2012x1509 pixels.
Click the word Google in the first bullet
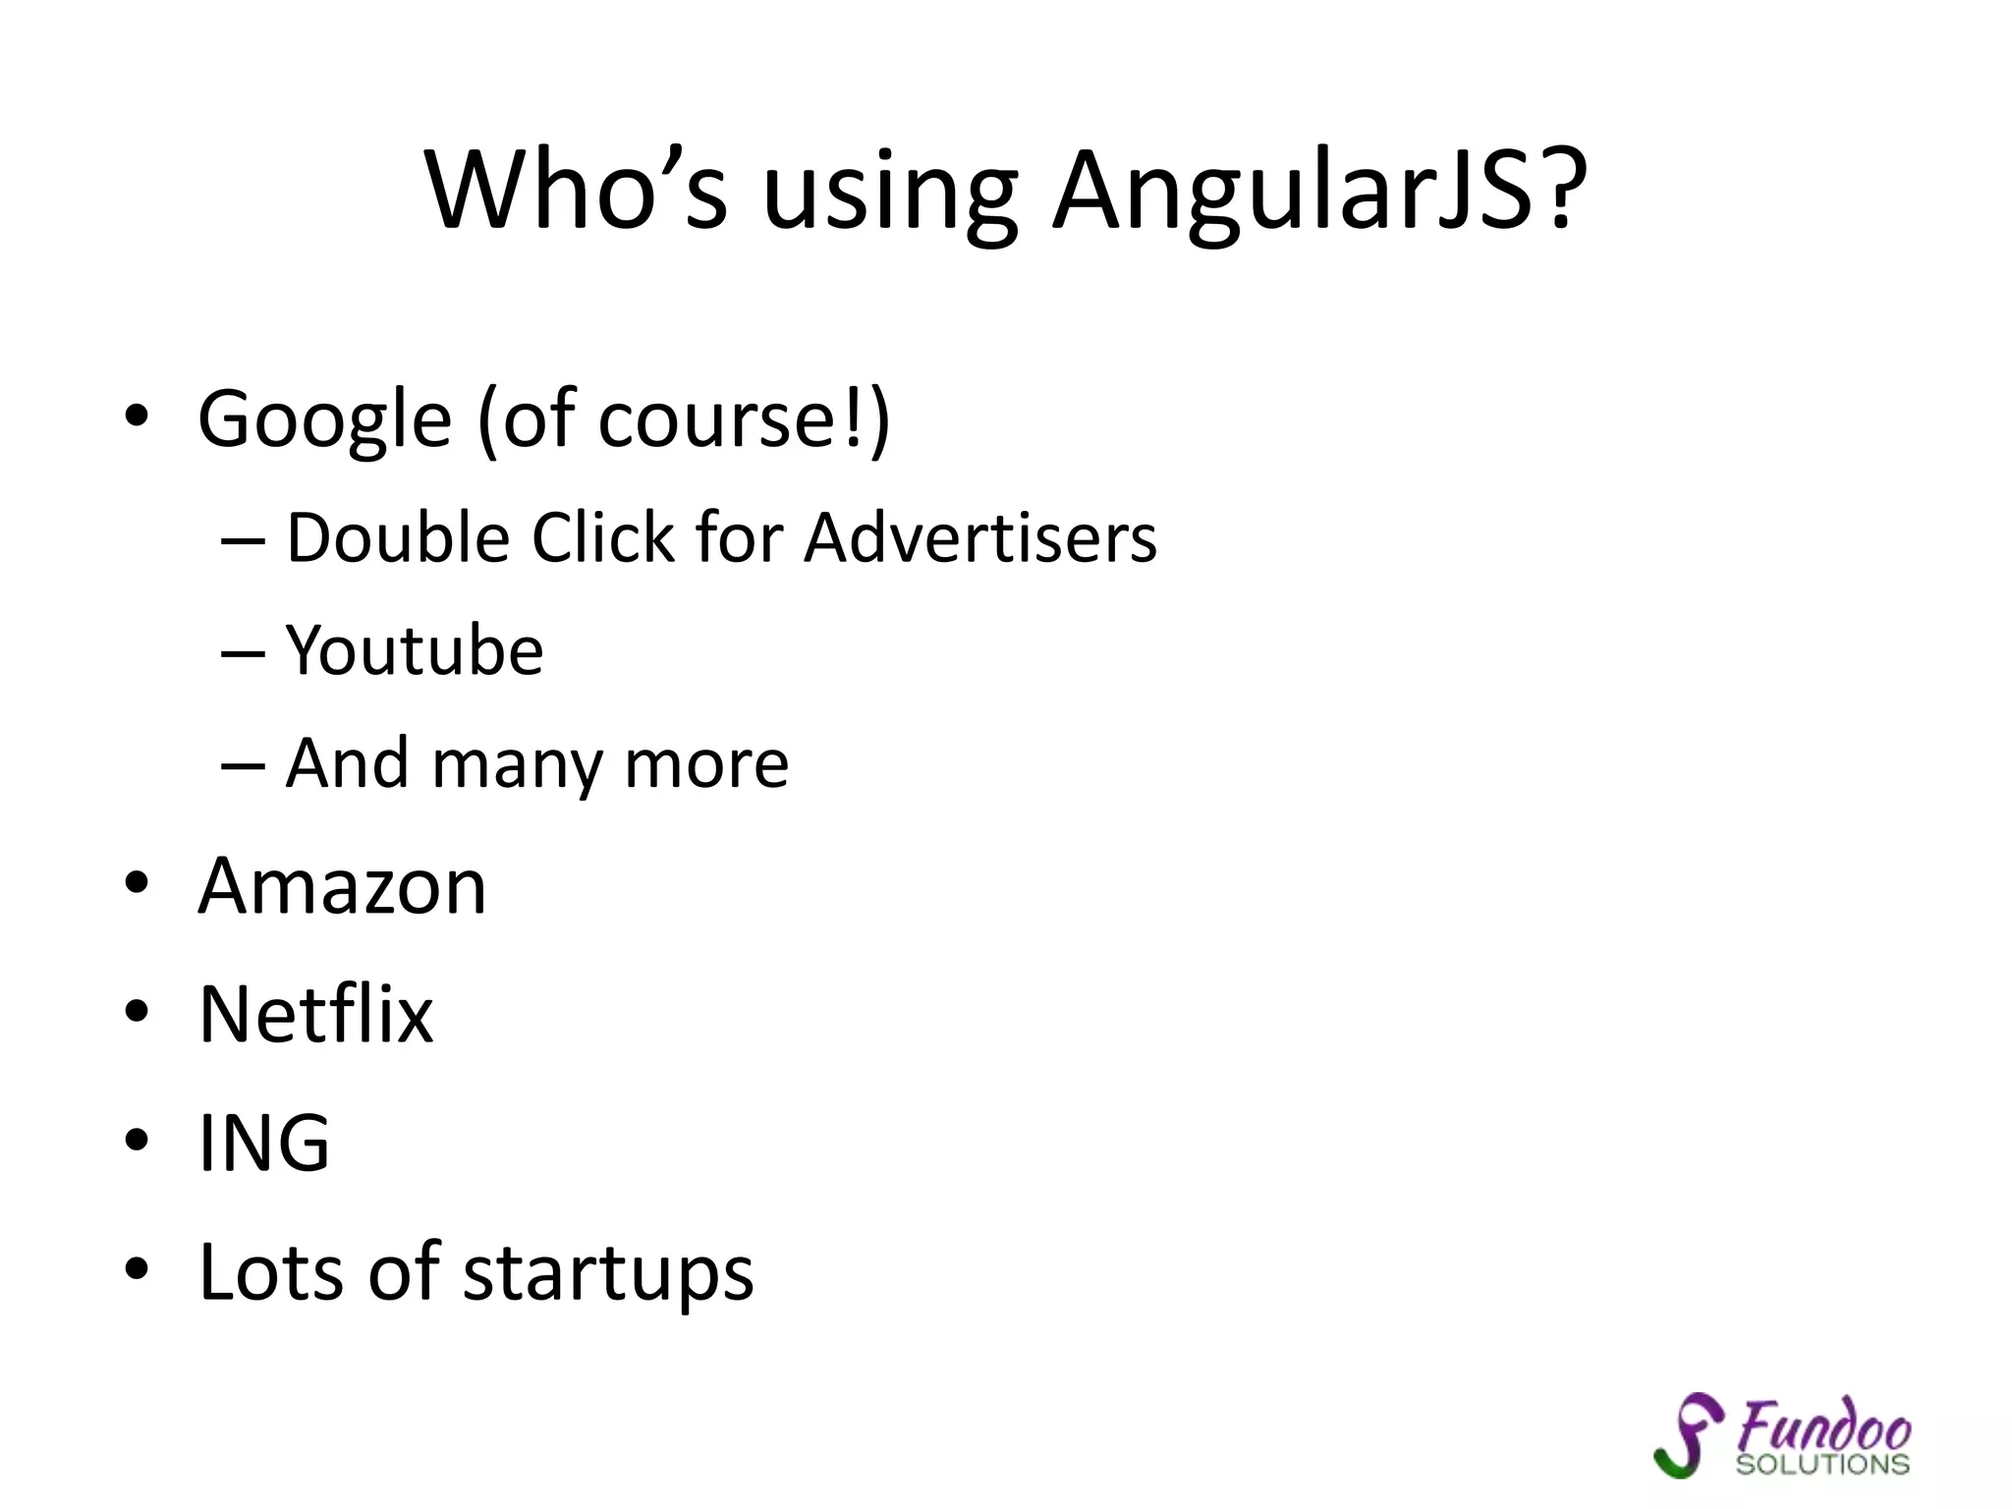324,420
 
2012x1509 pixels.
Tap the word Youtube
414,650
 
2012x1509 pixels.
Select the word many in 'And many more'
516,765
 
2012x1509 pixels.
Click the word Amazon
342,886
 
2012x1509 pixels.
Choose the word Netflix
315,1014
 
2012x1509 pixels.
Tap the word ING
263,1143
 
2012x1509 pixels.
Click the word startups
607,1272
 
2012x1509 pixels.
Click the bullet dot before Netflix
137,1010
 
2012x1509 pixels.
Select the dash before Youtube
243,652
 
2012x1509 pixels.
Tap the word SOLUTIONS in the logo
1821,1465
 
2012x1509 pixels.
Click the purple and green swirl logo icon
1687,1435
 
